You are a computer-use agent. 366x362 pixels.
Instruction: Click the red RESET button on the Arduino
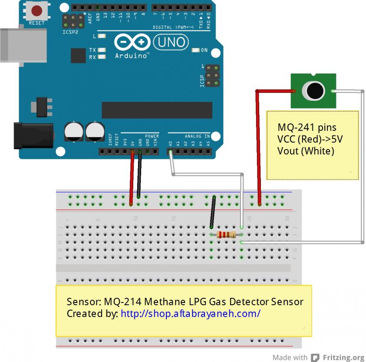point(37,10)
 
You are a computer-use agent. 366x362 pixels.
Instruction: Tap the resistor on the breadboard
point(226,234)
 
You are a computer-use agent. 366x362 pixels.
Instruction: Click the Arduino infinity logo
point(132,43)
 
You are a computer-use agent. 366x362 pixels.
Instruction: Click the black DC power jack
point(33,135)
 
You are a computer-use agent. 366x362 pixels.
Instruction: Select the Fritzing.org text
point(343,357)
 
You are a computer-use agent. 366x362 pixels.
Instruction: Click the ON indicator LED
point(195,50)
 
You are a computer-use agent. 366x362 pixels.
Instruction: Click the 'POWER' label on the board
point(152,136)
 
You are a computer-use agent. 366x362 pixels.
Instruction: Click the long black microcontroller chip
point(157,110)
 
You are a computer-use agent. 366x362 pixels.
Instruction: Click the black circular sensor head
point(313,91)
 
